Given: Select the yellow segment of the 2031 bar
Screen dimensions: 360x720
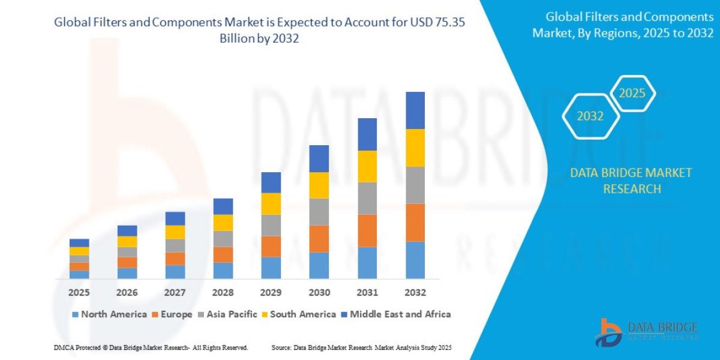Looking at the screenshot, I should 367,166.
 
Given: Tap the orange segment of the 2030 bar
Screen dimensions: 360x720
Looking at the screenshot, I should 319,238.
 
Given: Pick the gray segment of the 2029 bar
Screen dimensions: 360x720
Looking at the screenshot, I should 271,225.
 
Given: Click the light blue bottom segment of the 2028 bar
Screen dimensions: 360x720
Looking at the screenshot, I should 223,270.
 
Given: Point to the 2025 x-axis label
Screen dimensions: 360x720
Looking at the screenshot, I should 79,293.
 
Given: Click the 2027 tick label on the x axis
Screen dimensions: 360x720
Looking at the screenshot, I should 175,293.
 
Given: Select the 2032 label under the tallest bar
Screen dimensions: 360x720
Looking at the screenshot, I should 415,293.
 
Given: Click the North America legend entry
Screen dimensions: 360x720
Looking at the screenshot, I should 109,314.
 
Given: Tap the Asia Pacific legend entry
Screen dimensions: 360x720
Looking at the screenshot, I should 229,314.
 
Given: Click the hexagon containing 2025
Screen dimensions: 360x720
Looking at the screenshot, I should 632,94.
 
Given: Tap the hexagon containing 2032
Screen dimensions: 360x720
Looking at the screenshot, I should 590,116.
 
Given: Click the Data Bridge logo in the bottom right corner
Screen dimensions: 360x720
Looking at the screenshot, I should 646,332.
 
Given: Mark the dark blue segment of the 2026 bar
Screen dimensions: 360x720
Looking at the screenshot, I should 127,230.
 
